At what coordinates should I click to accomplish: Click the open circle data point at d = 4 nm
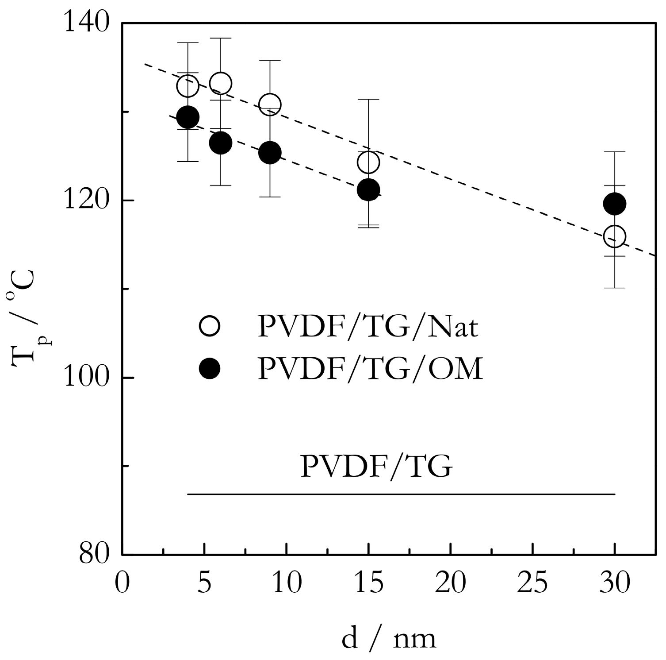coord(188,85)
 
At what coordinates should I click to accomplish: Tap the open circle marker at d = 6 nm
coord(220,83)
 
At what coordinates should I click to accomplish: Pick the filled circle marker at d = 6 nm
coord(220,143)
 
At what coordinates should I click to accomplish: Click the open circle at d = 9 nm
coord(270,104)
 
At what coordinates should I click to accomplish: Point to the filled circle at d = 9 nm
coord(270,153)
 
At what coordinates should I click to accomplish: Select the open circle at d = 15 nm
coord(368,162)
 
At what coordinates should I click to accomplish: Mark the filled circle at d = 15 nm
coord(368,190)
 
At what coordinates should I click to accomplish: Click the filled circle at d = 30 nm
coord(615,204)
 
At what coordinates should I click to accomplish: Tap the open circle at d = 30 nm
coord(615,236)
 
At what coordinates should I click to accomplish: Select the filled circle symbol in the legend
coord(209,368)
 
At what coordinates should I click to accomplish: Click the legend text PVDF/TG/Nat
coord(368,327)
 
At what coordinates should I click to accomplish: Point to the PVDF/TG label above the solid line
coord(376,467)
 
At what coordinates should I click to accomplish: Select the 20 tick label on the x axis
coord(450,583)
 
